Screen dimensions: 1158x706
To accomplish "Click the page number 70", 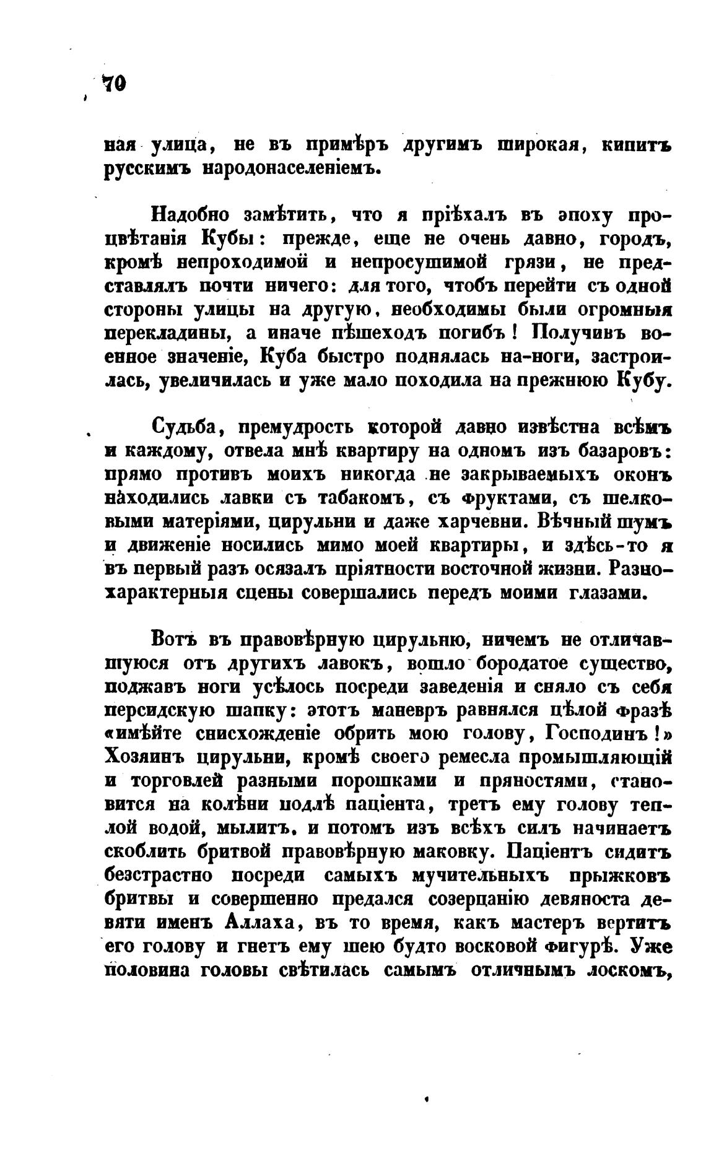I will click(114, 83).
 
